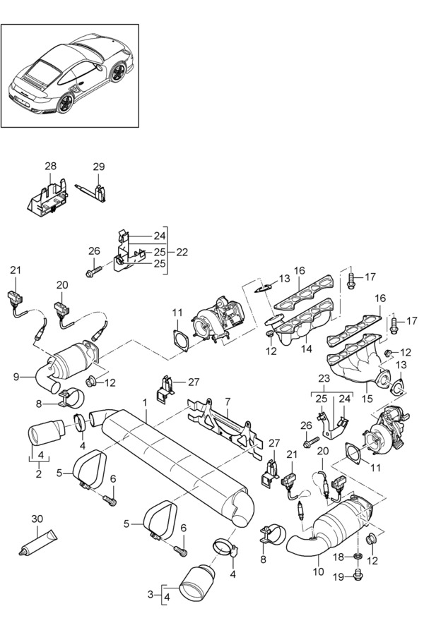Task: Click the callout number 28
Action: (50, 166)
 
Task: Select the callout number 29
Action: (99, 167)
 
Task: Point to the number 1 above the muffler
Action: (145, 402)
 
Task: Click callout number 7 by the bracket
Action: (228, 401)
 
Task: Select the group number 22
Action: (182, 252)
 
